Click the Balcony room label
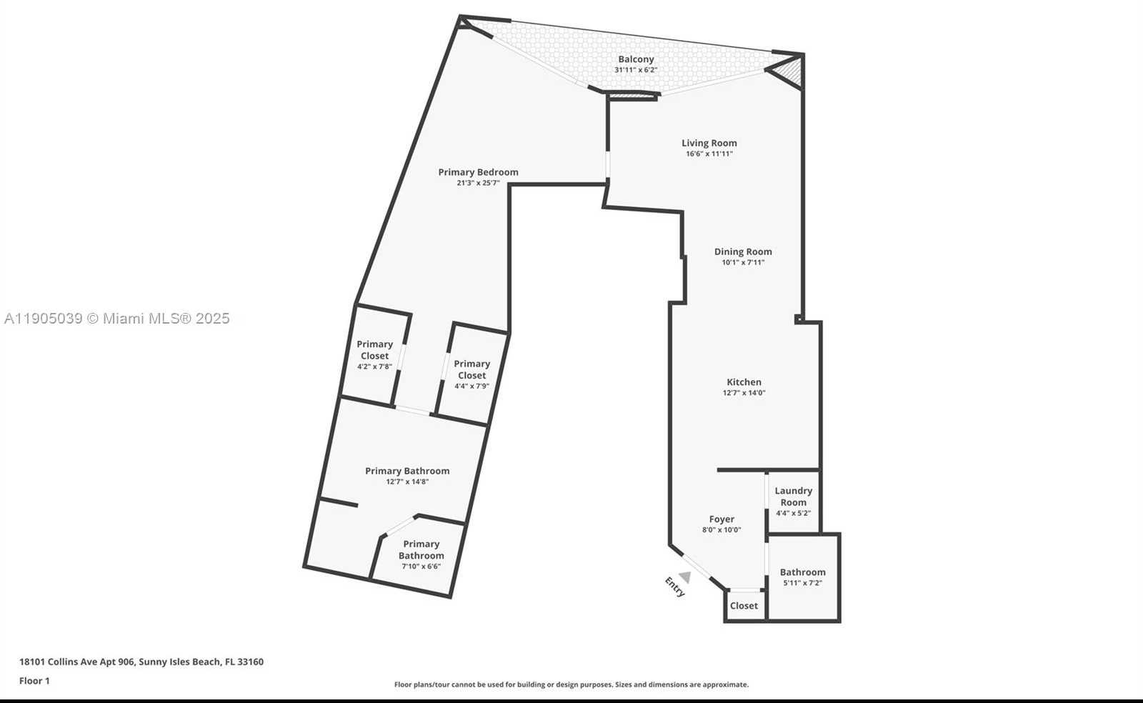[x=636, y=59]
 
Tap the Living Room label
[x=709, y=143]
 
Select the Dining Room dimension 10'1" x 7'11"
[x=743, y=262]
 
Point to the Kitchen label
[x=744, y=382]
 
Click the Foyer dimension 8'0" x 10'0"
[x=722, y=530]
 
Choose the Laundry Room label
[x=793, y=496]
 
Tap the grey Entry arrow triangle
[x=685, y=577]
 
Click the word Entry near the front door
[x=675, y=587]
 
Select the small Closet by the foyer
[x=744, y=606]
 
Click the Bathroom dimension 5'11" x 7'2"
[x=802, y=583]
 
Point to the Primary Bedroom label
[x=478, y=172]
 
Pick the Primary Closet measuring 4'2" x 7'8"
[x=374, y=354]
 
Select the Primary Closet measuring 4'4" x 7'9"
[x=471, y=374]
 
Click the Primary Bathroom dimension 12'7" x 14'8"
[x=407, y=482]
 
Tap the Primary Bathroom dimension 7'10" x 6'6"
[x=421, y=567]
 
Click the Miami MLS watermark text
[x=117, y=319]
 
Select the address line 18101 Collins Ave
[x=141, y=662]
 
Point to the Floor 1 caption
[x=34, y=681]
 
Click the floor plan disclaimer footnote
[x=571, y=684]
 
